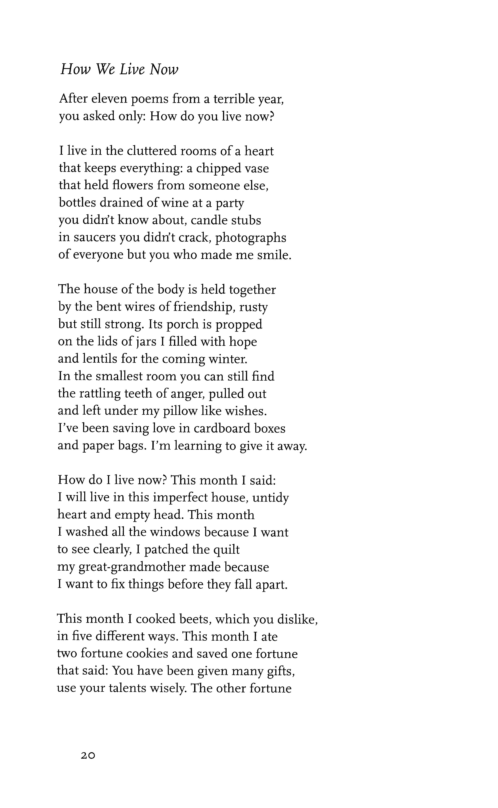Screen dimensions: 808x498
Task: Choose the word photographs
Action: tap(251, 238)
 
